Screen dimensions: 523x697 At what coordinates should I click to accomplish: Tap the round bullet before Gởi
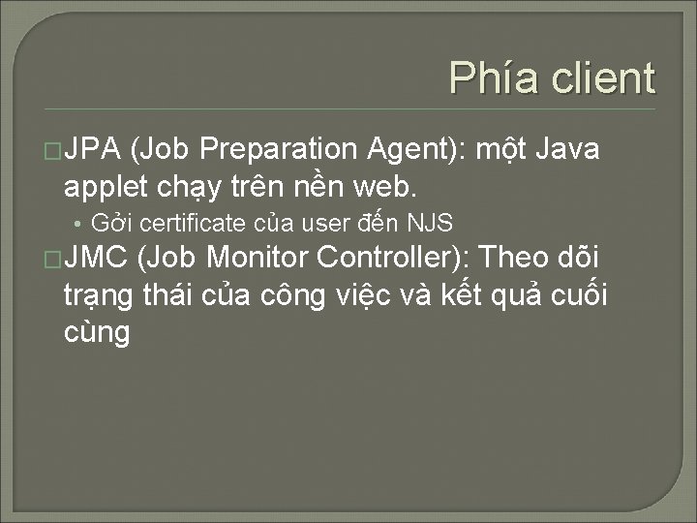coord(75,224)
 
